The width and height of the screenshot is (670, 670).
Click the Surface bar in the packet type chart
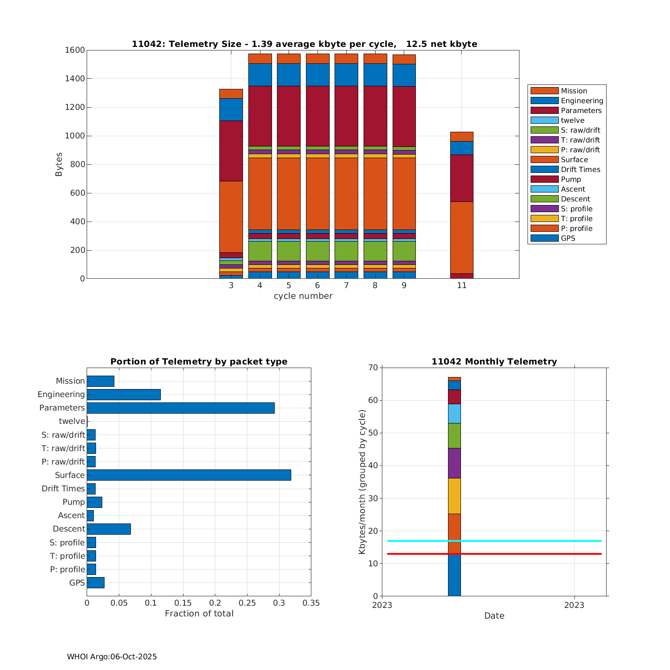point(188,475)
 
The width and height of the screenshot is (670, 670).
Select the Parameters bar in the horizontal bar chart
point(180,408)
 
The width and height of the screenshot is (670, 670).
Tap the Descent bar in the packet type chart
point(109,529)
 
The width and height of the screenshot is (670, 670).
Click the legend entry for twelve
point(572,120)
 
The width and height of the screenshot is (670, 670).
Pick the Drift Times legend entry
point(580,169)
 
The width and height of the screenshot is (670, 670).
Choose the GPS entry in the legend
point(568,238)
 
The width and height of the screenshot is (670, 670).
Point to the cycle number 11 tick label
point(461,285)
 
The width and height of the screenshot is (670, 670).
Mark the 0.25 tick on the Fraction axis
point(247,603)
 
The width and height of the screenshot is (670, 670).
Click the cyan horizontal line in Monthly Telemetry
point(527,541)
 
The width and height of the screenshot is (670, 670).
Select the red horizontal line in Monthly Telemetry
point(527,554)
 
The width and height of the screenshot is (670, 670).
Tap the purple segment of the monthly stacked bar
point(454,463)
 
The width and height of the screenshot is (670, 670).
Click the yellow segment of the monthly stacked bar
point(454,496)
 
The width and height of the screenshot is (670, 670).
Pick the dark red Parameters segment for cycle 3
point(231,151)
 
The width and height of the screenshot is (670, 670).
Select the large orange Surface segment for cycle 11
point(461,237)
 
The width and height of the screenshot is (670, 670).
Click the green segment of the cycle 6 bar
point(318,251)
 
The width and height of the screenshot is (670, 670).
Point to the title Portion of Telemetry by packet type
point(199,361)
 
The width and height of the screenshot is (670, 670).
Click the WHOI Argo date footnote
point(112,657)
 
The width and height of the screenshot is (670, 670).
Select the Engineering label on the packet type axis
point(61,394)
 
